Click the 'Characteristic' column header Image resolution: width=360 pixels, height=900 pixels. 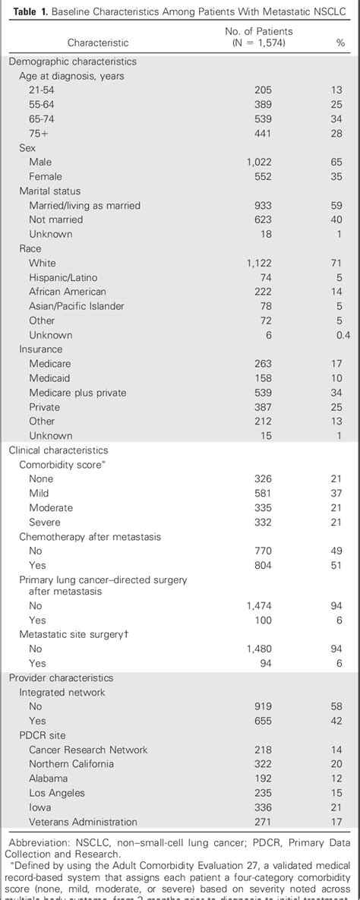(x=98, y=43)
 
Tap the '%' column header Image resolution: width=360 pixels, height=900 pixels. (x=340, y=43)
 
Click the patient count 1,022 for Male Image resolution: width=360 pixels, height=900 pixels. (x=259, y=162)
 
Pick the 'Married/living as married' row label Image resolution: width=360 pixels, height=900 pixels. (x=84, y=205)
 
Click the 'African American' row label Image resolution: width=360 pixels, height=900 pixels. (x=68, y=292)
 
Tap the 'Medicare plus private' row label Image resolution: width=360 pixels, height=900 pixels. (x=77, y=393)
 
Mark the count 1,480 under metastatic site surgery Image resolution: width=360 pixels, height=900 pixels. (x=259, y=649)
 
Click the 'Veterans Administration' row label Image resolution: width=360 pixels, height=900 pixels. (x=83, y=822)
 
